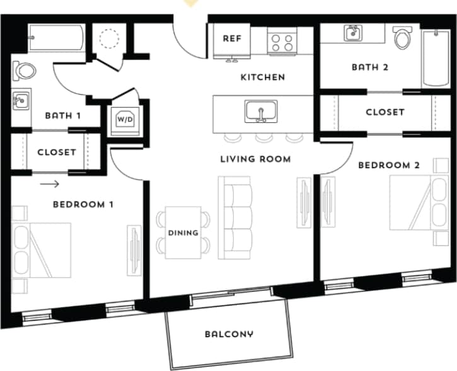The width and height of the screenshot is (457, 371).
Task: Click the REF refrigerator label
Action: pyautogui.click(x=233, y=38)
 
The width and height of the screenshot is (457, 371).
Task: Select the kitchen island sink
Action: pyautogui.click(x=260, y=112)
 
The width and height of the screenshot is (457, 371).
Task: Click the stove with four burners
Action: pyautogui.click(x=282, y=42)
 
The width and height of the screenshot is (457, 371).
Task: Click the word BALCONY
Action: pyautogui.click(x=228, y=334)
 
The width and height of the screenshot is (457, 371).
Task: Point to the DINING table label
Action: pyautogui.click(x=183, y=232)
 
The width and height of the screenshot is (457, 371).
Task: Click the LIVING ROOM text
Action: pyautogui.click(x=255, y=159)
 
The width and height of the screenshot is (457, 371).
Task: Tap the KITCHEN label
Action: pyautogui.click(x=263, y=77)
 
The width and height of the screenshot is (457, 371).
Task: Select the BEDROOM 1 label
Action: pyautogui.click(x=83, y=204)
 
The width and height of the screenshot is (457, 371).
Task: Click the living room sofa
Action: pyautogui.click(x=234, y=217)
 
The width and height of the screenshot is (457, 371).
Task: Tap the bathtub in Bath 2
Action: pyautogui.click(x=434, y=59)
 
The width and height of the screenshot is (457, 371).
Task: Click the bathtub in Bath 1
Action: pyautogui.click(x=55, y=38)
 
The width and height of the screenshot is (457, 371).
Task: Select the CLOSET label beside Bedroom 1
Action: pyautogui.click(x=56, y=152)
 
